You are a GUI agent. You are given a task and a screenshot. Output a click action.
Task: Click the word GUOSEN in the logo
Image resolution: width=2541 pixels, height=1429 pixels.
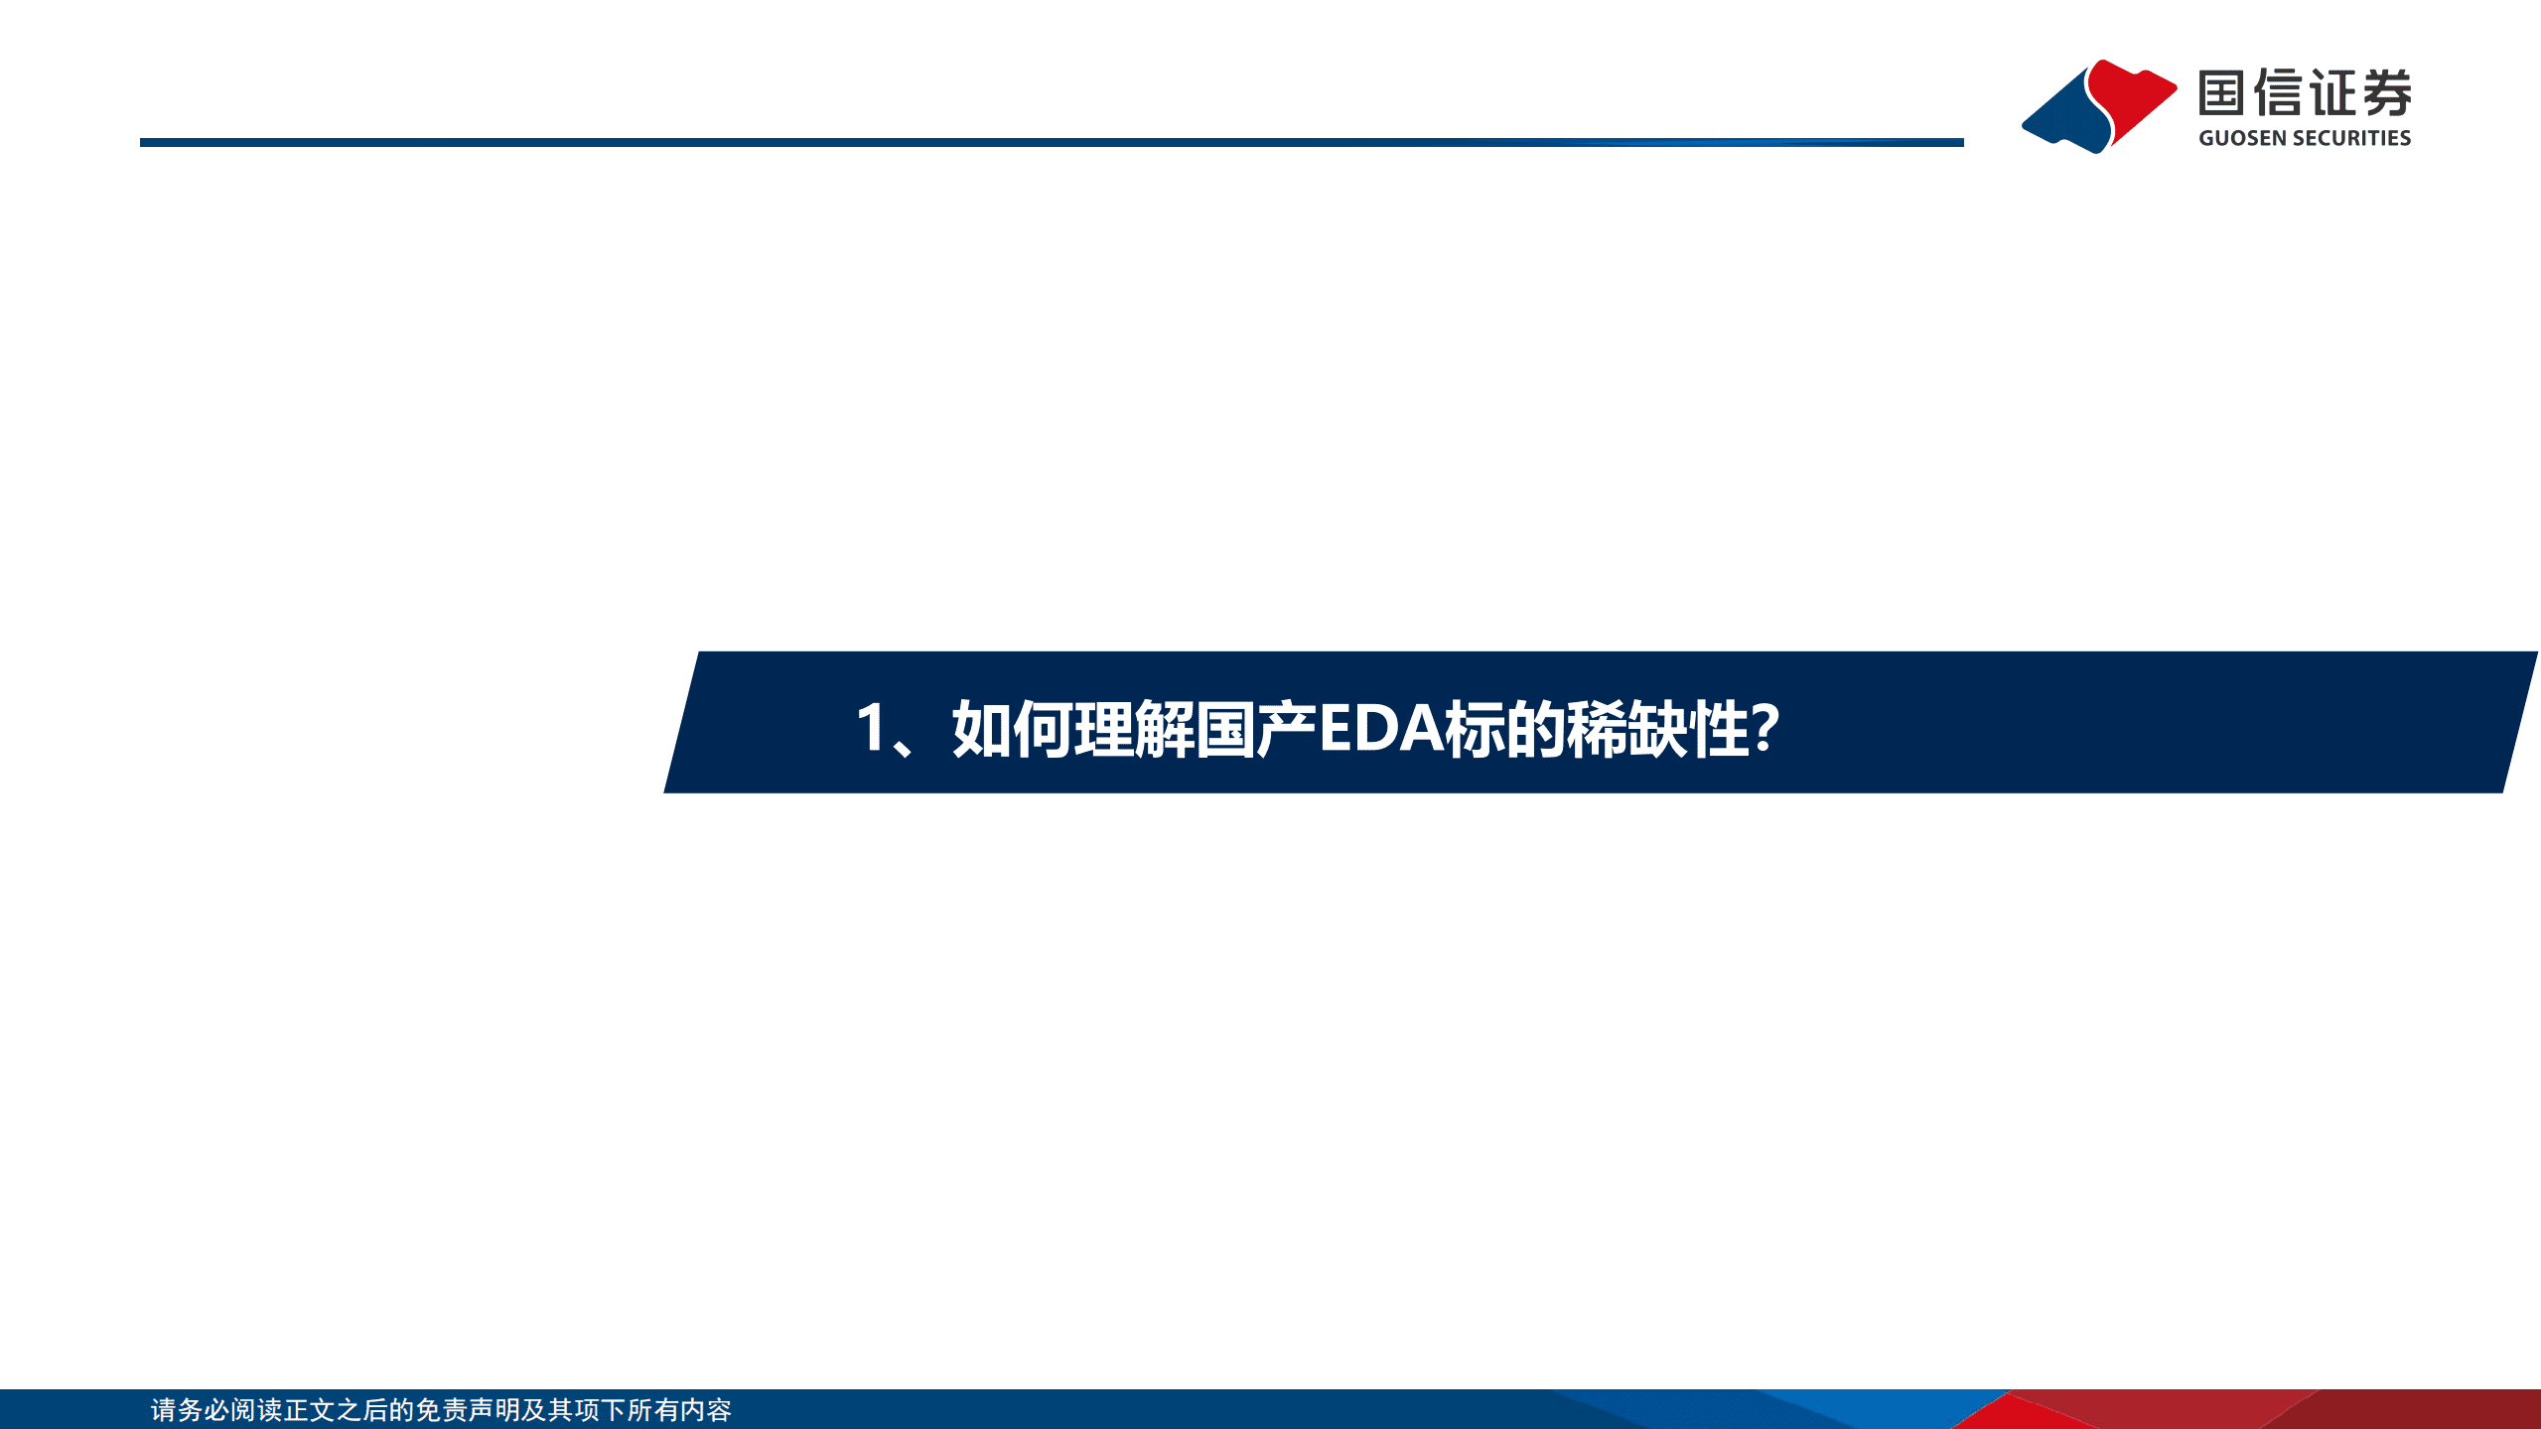[x=2241, y=138]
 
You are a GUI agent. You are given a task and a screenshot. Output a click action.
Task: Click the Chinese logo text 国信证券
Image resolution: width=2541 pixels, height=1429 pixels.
[x=2305, y=93]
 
